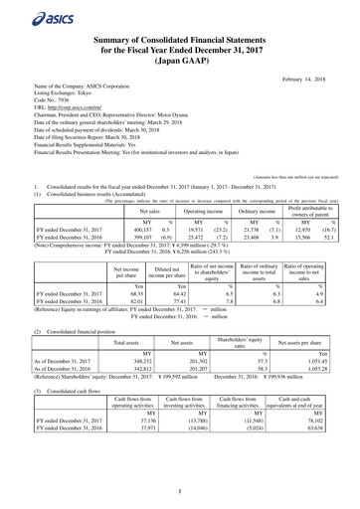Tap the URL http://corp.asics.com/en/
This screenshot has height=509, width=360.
coord(67,123)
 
